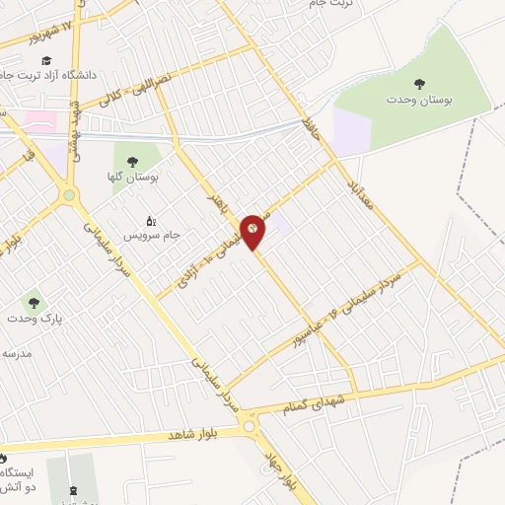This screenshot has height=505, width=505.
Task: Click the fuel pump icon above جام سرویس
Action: point(150,220)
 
